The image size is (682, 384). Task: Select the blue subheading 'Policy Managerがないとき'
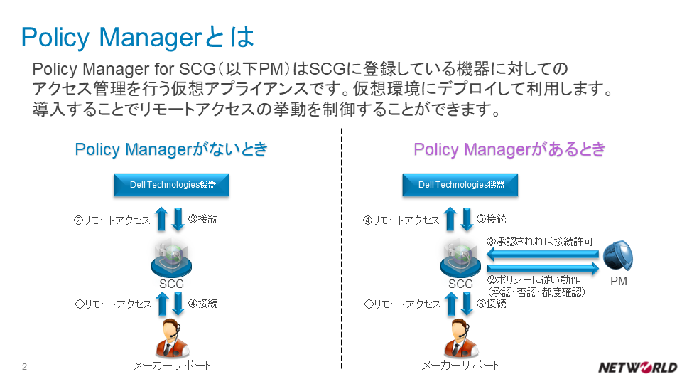171,149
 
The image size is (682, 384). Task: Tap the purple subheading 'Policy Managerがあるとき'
510,149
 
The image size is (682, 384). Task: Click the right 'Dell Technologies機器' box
460,185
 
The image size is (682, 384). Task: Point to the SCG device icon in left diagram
171,257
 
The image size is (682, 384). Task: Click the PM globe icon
618,256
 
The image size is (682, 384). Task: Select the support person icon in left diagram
171,338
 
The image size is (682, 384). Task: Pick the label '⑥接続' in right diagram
492,304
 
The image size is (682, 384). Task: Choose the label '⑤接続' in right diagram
492,219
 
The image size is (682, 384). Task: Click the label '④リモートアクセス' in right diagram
401,220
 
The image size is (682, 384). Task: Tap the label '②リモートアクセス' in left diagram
112,220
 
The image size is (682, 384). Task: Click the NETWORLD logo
637,367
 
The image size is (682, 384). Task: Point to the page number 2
25,367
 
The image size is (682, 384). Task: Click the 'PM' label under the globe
619,282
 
